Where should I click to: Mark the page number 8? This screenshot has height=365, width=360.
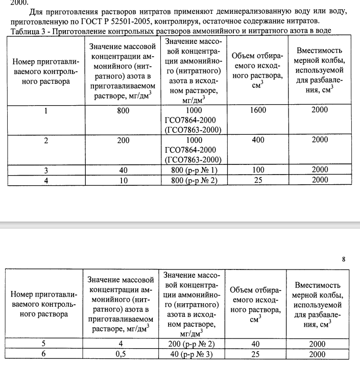[344, 259]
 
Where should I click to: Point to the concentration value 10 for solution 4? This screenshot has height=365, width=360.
[123, 179]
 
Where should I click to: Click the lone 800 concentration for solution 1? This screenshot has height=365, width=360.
[123, 110]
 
